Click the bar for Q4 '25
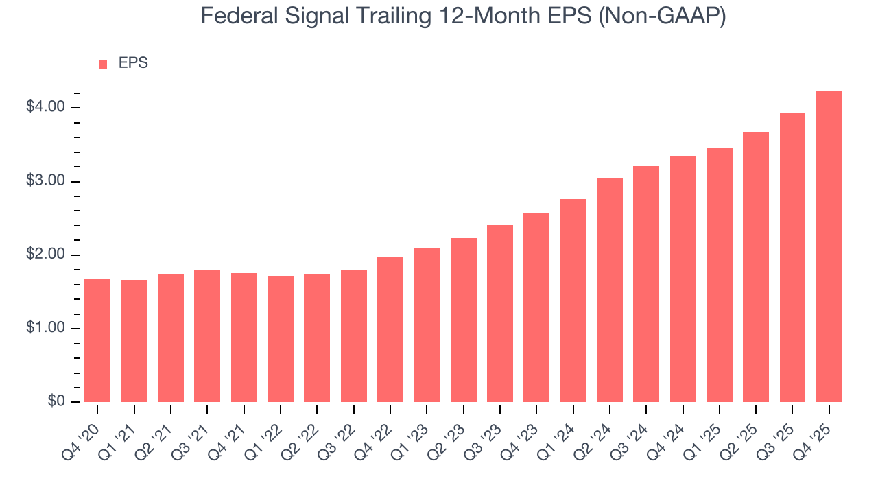coord(829,247)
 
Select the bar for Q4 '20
coord(97,341)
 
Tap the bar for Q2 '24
coord(610,290)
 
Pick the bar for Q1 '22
coord(281,339)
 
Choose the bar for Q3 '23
coord(500,314)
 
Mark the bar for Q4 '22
coord(390,330)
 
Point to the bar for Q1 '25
coord(720,275)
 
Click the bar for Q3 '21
coord(207,336)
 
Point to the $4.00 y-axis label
coord(45,108)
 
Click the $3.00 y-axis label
coord(45,182)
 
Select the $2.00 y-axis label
coord(45,255)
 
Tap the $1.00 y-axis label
coord(45,329)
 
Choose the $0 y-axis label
coord(54,402)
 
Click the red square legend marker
coord(103,64)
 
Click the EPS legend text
coord(133,63)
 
